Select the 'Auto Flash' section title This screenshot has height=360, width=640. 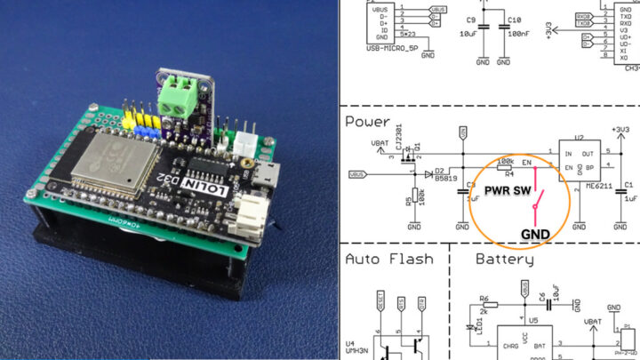click(x=389, y=259)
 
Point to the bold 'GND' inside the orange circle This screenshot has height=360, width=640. click(x=534, y=234)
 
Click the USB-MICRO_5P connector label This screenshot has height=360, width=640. click(x=392, y=49)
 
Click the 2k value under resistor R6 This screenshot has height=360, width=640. click(x=485, y=313)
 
